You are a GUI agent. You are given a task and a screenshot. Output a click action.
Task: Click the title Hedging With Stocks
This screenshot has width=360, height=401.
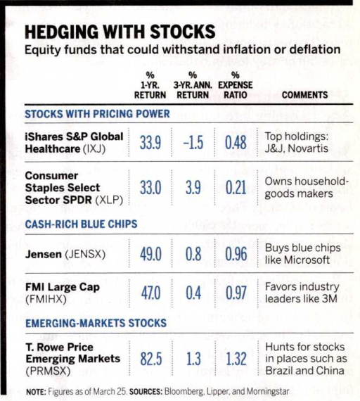(x=120, y=32)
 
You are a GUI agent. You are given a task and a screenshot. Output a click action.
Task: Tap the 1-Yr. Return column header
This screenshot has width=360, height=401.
(x=150, y=85)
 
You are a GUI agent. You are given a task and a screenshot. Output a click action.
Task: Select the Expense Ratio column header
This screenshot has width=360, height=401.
(x=236, y=85)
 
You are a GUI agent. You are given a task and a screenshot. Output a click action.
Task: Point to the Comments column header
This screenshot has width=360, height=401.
(x=304, y=95)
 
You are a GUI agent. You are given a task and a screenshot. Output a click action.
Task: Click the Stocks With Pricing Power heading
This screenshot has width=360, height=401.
(x=97, y=114)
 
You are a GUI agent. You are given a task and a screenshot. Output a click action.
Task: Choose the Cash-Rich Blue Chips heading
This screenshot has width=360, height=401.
(x=81, y=224)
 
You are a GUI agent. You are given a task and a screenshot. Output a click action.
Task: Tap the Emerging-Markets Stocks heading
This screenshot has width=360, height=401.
(x=96, y=323)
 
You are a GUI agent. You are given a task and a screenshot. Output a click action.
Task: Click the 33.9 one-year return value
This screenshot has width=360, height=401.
(x=150, y=142)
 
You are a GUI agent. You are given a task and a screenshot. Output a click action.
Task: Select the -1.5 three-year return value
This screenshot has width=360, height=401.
(x=193, y=142)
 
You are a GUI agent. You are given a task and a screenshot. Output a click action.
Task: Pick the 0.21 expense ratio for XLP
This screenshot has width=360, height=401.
(x=236, y=187)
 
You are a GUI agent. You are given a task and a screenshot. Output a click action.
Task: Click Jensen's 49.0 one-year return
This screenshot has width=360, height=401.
(x=150, y=254)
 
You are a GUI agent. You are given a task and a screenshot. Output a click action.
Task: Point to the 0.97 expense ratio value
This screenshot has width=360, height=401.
(x=236, y=293)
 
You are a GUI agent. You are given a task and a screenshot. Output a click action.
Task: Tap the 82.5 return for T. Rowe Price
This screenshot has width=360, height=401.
(x=151, y=358)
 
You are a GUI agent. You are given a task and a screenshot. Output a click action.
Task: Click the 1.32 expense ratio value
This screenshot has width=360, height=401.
(x=236, y=358)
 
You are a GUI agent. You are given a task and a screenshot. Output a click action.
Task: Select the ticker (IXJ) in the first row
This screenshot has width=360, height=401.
(x=94, y=149)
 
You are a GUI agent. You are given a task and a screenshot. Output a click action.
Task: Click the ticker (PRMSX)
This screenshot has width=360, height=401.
(x=48, y=371)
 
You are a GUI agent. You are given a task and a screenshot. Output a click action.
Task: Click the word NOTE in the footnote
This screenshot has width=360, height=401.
(x=36, y=392)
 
